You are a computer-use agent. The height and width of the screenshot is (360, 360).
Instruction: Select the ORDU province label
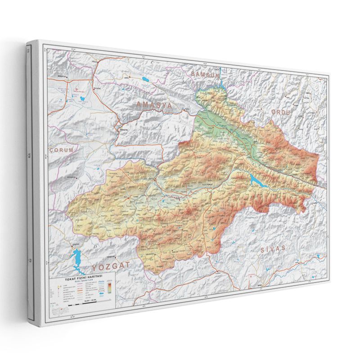(282, 112)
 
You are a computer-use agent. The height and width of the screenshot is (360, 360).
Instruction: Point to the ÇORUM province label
(61, 150)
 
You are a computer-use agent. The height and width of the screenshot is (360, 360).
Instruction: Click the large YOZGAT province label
(108, 266)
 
